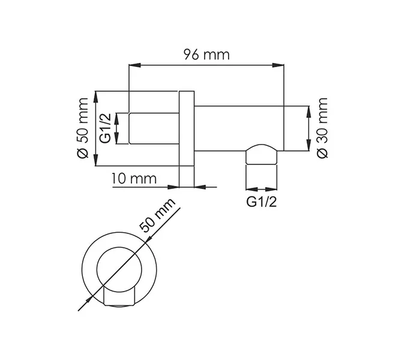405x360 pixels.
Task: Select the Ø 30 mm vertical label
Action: point(322,128)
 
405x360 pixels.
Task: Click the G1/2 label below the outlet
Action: point(262,202)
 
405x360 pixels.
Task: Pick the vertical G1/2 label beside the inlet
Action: point(104,128)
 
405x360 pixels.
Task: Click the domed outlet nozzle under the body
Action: point(262,156)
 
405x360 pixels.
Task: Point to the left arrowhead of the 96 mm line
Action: point(133,65)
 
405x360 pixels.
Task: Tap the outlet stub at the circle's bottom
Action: point(122,296)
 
